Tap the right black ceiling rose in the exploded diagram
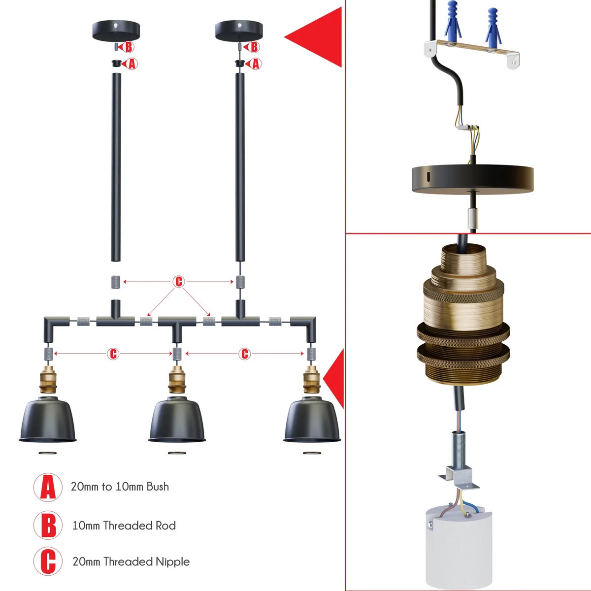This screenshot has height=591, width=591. coord(239,31)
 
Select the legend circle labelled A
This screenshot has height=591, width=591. coord(48,487)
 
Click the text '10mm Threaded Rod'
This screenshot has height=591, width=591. coord(124,525)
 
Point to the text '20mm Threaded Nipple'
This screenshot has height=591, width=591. coord(131,561)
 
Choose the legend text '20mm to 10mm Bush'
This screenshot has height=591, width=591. coord(120,487)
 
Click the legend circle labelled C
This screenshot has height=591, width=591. coord(48,561)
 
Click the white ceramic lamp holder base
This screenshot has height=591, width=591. coord(459,547)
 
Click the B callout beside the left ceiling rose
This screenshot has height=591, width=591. coord(128,47)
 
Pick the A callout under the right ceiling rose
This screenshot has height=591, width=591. coord(256,64)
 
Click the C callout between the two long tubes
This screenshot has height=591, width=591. coord(179,282)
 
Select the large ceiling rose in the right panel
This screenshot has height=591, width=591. coord(472,180)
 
